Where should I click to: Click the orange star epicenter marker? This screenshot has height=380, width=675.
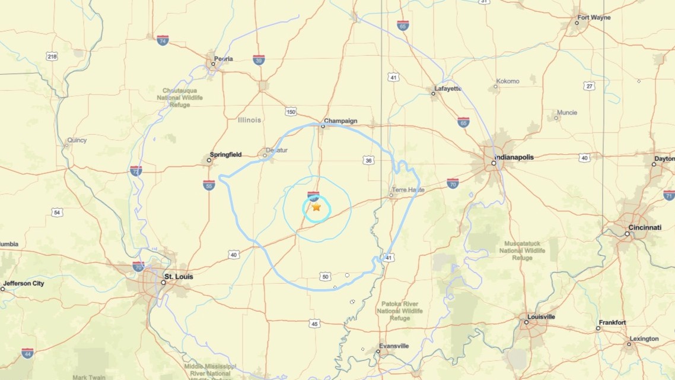click(x=316, y=207)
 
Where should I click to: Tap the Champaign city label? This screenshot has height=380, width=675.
click(x=340, y=121)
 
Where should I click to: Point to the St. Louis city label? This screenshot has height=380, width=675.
click(x=179, y=277)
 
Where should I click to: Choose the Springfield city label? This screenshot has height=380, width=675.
click(x=226, y=155)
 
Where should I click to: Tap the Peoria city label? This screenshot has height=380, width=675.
click(x=223, y=59)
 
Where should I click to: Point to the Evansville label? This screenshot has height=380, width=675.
click(x=394, y=346)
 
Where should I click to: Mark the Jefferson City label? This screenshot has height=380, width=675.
click(x=23, y=284)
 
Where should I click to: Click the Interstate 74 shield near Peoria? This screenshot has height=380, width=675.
click(x=163, y=40)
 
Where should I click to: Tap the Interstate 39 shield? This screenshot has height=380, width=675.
click(x=259, y=60)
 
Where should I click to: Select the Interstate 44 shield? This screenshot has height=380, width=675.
click(x=27, y=353)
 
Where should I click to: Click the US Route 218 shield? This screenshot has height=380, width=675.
click(x=52, y=56)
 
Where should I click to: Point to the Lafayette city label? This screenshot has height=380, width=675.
click(x=448, y=88)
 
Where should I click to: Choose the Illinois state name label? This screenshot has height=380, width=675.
click(x=249, y=120)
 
